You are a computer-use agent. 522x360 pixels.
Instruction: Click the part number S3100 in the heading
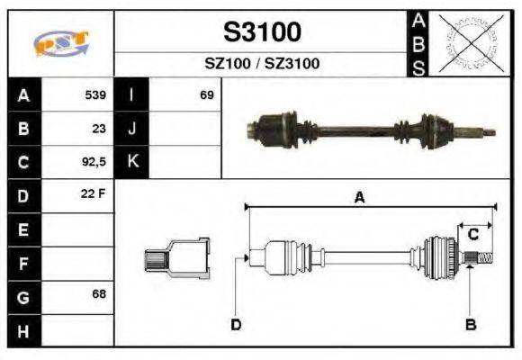tap(262, 33)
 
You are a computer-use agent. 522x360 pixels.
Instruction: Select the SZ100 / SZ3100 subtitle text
tap(262, 64)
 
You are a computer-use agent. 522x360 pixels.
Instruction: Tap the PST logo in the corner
tap(60, 43)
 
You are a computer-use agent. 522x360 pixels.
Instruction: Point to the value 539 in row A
tap(95, 94)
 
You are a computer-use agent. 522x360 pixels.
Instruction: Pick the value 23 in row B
tap(99, 128)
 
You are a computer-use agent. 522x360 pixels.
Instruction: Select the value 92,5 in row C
tap(94, 162)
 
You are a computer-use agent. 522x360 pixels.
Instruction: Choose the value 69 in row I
tap(207, 94)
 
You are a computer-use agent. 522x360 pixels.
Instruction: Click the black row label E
tap(22, 229)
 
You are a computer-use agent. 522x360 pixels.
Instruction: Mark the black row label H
tap(22, 330)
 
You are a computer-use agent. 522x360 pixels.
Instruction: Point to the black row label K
tap(132, 162)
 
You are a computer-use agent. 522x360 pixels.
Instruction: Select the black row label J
tap(132, 128)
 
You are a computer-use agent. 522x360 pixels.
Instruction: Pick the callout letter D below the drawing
tap(236, 325)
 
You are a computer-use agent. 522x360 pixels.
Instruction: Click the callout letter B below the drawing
tap(470, 325)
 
